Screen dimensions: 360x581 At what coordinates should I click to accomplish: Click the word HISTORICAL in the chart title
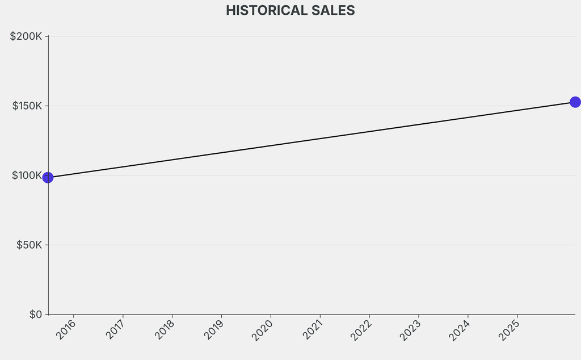click(263, 10)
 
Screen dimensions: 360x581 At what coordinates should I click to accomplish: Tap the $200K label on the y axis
click(27, 36)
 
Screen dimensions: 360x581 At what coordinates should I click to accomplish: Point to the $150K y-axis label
click(27, 106)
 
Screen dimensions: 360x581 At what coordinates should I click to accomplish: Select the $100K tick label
click(27, 175)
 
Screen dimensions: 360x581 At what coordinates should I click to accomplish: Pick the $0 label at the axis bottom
click(36, 315)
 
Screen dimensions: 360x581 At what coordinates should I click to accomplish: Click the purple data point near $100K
click(48, 178)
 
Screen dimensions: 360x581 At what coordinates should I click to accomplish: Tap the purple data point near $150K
click(575, 102)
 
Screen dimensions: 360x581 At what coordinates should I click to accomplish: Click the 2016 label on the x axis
click(66, 330)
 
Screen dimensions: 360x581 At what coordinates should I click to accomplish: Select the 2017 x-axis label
click(116, 330)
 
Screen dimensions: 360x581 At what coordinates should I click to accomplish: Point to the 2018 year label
click(165, 330)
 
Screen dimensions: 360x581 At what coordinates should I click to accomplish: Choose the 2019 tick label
click(214, 330)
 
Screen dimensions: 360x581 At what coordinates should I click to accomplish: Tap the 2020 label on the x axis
click(263, 330)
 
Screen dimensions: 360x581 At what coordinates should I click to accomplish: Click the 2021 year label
click(313, 330)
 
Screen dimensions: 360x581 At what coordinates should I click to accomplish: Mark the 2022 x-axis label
click(362, 330)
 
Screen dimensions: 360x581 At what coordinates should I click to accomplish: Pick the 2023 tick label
click(411, 330)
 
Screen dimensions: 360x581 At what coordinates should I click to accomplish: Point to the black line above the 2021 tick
click(320, 138)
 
